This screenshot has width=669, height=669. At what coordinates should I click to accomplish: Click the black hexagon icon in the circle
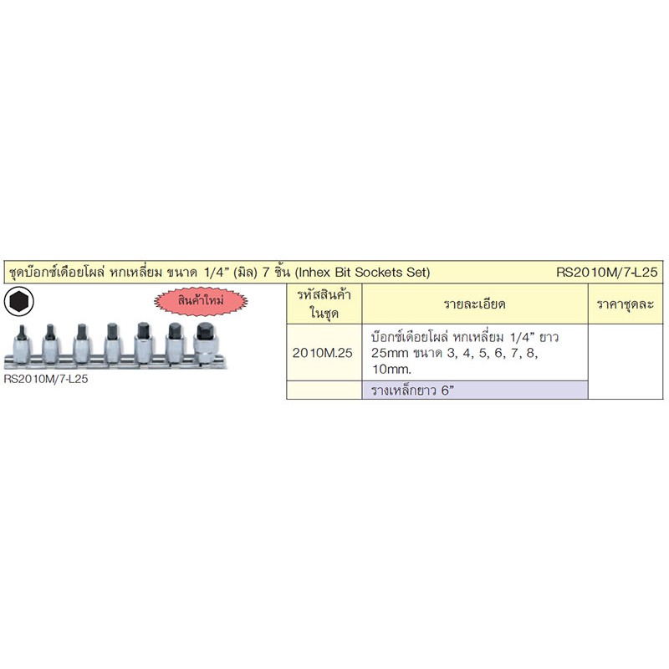[x=18, y=302]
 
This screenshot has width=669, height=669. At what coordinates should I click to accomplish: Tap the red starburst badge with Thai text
[x=201, y=301]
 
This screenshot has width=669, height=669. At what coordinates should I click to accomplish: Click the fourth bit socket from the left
[x=113, y=343]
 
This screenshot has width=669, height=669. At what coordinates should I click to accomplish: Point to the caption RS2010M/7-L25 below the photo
[x=46, y=379]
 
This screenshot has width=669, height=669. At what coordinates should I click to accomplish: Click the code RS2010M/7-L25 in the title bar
[x=607, y=273]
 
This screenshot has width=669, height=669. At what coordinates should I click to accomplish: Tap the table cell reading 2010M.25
[x=323, y=353]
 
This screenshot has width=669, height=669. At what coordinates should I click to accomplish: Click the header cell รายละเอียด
[x=475, y=304]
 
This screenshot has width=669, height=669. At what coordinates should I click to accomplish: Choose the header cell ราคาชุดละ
[x=626, y=304]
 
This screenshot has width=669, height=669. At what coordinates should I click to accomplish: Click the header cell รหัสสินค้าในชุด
[x=324, y=304]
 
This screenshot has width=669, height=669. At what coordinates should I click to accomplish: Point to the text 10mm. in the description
[x=391, y=370]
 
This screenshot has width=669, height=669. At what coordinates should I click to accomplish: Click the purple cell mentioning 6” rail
[x=475, y=391]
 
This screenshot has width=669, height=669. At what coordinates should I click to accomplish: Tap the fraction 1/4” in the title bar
[x=214, y=273]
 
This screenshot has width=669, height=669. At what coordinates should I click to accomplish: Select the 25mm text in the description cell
[x=390, y=353]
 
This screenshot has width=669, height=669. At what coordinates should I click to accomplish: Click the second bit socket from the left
[x=50, y=343]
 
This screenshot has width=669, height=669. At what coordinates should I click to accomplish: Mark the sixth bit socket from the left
[x=175, y=343]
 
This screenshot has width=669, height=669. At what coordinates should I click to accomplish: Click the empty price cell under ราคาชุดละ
[x=626, y=362]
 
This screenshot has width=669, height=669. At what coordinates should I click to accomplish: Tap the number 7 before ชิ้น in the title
[x=266, y=273]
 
